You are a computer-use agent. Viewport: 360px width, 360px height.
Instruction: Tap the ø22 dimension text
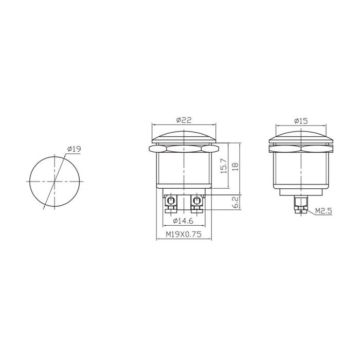point(184,120)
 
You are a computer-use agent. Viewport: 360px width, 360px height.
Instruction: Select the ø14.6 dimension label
point(183,221)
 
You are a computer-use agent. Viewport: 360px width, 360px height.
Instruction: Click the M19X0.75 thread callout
point(183,234)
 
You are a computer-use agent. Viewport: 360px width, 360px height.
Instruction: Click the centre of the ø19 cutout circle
point(55,182)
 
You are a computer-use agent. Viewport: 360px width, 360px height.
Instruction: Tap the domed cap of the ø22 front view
point(184,136)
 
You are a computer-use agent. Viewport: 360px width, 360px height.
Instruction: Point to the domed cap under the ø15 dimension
point(301,136)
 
